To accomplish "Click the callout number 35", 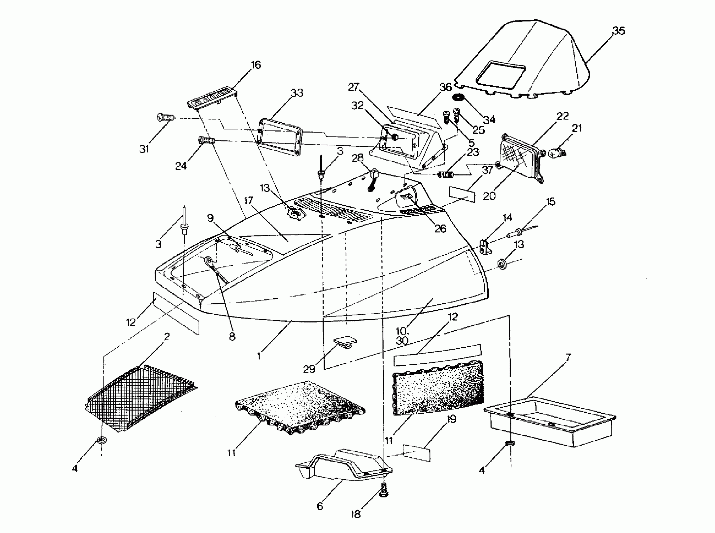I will point(618,31).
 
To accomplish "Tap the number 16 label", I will point(256,65).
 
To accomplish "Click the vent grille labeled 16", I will point(213,97).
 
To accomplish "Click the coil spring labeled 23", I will point(446,175).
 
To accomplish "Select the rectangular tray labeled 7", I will point(548,421).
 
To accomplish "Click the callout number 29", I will point(309,369).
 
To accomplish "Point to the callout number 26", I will point(440,229).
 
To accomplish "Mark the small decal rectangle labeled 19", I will point(416,452).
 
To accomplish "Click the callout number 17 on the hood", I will point(248,201).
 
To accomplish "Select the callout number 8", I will point(232,337).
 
